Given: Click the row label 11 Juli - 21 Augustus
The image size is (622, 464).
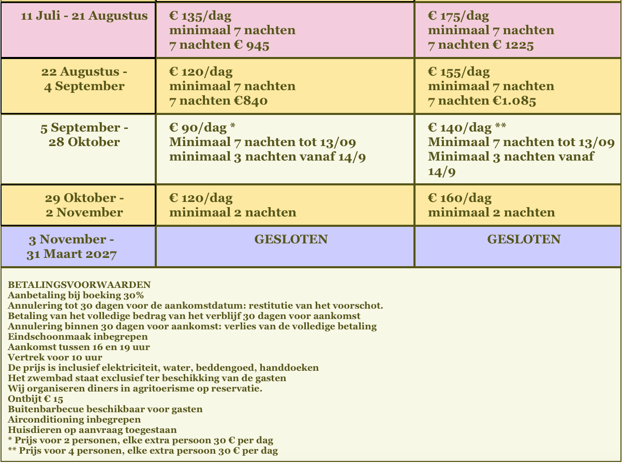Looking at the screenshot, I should point(84,16).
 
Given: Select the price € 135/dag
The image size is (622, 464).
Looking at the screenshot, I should point(200,16).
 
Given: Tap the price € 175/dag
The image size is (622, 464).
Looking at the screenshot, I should point(458,16).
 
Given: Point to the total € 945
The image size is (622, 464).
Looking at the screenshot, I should point(251,45).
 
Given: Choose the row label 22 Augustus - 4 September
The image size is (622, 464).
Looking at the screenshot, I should point(84,79).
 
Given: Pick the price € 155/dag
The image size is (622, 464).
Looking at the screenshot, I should point(458,72).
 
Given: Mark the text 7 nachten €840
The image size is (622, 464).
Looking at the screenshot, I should point(218,100).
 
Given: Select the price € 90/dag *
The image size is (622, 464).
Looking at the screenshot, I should point(203,128).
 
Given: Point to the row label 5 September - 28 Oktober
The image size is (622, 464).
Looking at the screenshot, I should point(84,135).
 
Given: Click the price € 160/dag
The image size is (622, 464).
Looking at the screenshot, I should point(460,198).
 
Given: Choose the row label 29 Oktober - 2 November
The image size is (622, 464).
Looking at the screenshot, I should point(84,205).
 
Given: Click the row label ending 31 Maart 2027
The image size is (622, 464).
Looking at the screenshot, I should point(71,254).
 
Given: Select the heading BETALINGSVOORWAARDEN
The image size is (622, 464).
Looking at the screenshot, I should point(79,285).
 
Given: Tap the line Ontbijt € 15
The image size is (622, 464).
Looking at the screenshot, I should point(36,399).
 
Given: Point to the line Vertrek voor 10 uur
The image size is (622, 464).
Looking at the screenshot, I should point(55,357).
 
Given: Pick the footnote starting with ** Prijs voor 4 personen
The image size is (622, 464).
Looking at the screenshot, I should point(143,451).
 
